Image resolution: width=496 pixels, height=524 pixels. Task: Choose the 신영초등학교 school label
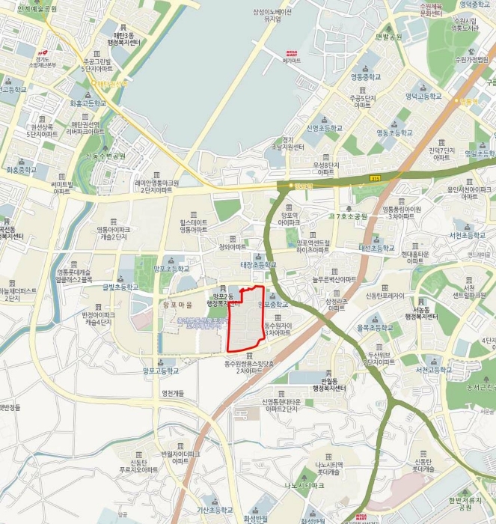tap(324, 128)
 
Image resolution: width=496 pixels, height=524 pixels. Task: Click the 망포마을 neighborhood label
tap(177, 305)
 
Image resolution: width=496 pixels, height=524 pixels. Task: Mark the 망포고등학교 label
tap(161, 370)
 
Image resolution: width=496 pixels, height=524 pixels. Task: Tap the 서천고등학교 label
tap(432, 370)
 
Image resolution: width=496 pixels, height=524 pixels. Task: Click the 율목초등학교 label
tap(375, 328)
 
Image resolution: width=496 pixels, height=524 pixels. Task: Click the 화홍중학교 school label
tap(22, 170)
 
